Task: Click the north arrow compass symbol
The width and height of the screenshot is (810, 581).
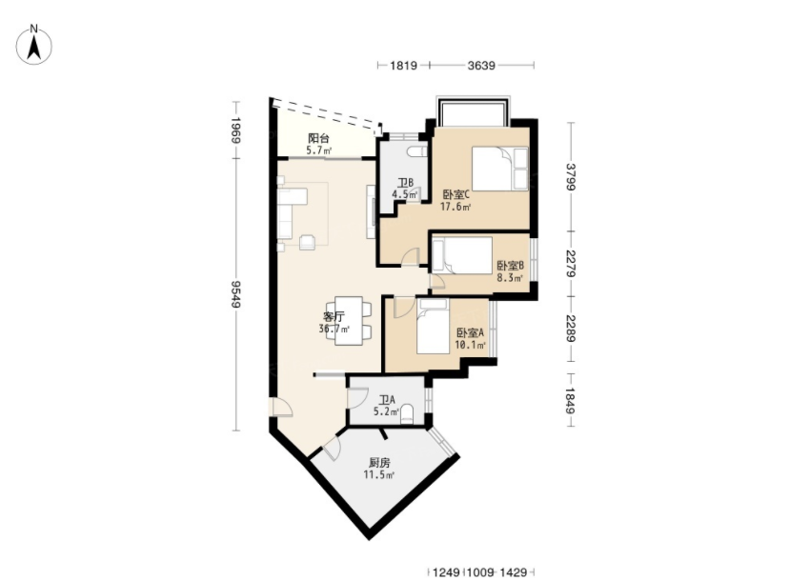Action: pyautogui.click(x=34, y=45)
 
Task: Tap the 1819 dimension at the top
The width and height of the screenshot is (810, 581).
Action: pyautogui.click(x=403, y=65)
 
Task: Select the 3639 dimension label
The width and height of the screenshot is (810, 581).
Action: pyautogui.click(x=481, y=65)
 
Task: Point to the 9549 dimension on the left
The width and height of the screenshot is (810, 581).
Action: pyautogui.click(x=236, y=294)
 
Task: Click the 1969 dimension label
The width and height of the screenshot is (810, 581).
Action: pyautogui.click(x=236, y=130)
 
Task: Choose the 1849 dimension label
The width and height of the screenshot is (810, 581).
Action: pyautogui.click(x=571, y=401)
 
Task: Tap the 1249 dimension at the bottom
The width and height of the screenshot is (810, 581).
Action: pyautogui.click(x=446, y=572)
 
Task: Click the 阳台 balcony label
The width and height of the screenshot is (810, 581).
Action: pyautogui.click(x=318, y=138)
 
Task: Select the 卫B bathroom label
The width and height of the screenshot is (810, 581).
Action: pyautogui.click(x=405, y=183)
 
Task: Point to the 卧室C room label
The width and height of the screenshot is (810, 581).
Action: pyautogui.click(x=456, y=194)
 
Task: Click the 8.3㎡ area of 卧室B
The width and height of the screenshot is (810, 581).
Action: pyautogui.click(x=510, y=278)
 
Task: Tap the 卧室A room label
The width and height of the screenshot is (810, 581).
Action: pyautogui.click(x=470, y=332)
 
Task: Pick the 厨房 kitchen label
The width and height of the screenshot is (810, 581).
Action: pyautogui.click(x=379, y=463)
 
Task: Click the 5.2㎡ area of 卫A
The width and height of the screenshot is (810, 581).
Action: pyautogui.click(x=386, y=411)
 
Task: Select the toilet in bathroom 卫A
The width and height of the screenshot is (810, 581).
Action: pyautogui.click(x=407, y=413)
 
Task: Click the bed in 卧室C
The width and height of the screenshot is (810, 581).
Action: pyautogui.click(x=499, y=169)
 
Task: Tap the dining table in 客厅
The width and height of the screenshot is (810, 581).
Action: pyautogui.click(x=348, y=321)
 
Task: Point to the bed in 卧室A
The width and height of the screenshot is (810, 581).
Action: pyautogui.click(x=433, y=327)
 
